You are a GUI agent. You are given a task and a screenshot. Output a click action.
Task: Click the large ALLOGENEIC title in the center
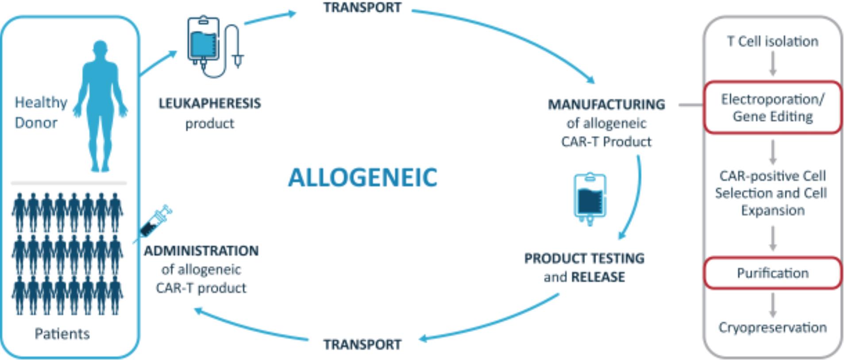(x=362, y=177)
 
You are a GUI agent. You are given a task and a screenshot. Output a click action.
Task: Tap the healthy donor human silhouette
(x=101, y=106)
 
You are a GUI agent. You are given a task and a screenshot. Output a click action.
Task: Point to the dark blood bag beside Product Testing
(x=590, y=199)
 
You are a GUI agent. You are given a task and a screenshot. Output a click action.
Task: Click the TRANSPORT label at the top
(x=362, y=8)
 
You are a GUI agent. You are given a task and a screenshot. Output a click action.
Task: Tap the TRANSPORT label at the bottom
(x=362, y=344)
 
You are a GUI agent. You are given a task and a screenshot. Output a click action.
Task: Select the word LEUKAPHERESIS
(x=210, y=104)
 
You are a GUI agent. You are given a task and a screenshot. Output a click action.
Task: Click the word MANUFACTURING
(x=606, y=105)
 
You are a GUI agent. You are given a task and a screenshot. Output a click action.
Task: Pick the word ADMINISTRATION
(x=201, y=251)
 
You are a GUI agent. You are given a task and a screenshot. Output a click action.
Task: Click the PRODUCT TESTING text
(x=584, y=258)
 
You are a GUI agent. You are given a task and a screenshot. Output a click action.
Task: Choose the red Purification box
(x=772, y=273)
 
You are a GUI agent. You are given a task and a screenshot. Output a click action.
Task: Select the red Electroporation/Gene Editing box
(x=772, y=107)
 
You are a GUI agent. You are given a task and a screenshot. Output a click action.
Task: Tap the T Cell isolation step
(x=772, y=41)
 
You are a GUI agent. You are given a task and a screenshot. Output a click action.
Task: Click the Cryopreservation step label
(x=772, y=327)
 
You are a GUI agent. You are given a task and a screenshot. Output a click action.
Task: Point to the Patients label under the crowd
(x=62, y=333)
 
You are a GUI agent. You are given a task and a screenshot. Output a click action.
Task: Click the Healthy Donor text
(x=41, y=112)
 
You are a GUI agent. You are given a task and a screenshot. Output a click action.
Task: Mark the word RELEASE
(x=598, y=277)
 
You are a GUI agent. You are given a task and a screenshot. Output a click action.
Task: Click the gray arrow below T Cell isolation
(x=773, y=63)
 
